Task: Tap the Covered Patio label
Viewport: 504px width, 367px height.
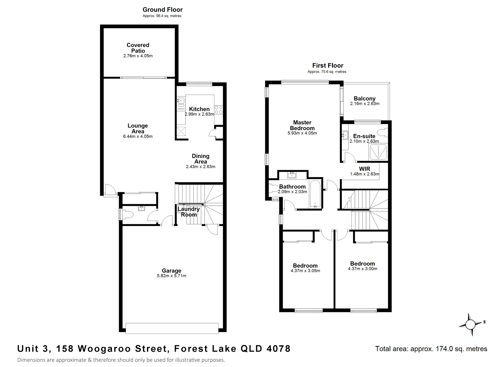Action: click(x=138, y=48)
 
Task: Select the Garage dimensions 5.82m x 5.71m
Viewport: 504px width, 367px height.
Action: click(x=171, y=276)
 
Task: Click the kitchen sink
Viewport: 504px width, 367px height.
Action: click(x=180, y=101)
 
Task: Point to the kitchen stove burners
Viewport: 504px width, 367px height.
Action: click(x=218, y=110)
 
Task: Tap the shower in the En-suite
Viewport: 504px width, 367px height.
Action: click(x=378, y=152)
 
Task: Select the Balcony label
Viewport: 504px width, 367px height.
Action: click(x=365, y=99)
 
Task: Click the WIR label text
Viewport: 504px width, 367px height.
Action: click(x=365, y=169)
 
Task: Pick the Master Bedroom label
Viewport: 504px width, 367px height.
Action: click(x=302, y=125)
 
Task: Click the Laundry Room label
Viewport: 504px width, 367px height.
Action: click(x=189, y=212)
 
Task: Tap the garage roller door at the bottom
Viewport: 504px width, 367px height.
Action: click(x=172, y=328)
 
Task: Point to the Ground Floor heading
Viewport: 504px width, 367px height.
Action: click(x=162, y=10)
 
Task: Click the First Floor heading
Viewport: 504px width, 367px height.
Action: click(x=328, y=66)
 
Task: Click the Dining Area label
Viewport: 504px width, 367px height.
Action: click(x=201, y=159)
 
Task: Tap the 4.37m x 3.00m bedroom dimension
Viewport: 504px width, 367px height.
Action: click(x=362, y=269)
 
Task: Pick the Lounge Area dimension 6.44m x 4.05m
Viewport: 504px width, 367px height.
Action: click(x=138, y=137)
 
